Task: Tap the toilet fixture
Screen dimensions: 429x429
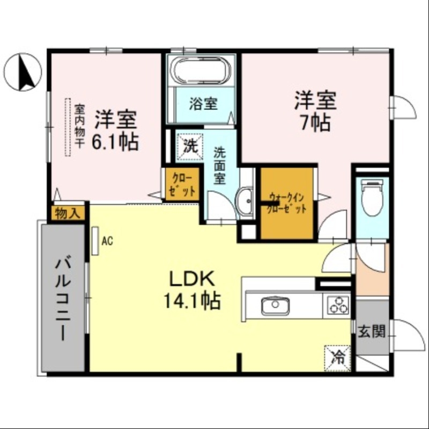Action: click(372, 197)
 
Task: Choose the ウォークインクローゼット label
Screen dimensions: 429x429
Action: click(287, 203)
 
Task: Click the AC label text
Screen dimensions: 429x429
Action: click(107, 241)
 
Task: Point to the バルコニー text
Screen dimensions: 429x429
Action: click(62, 298)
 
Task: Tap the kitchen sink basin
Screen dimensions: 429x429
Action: click(276, 306)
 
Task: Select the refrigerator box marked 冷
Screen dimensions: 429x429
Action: click(338, 354)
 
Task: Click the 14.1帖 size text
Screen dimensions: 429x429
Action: click(193, 300)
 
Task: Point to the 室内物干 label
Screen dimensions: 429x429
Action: click(79, 127)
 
